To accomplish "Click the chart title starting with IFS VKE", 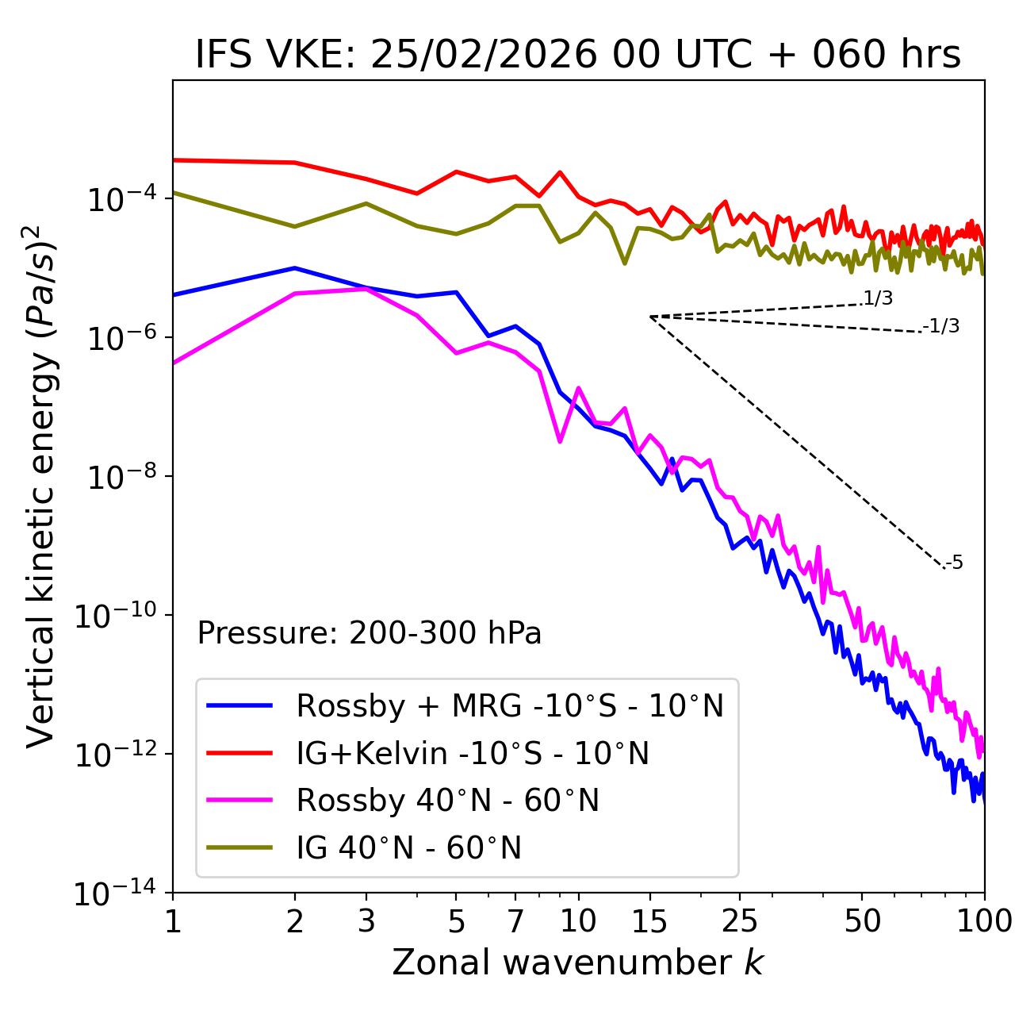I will click(x=578, y=55).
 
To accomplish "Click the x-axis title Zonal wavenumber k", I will click(x=578, y=962).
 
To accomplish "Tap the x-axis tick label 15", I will click(x=649, y=921).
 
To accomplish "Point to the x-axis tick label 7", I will click(x=515, y=921).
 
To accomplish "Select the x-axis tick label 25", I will click(x=740, y=921).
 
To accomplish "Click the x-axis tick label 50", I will click(x=862, y=921).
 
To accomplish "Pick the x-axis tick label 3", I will click(x=366, y=921).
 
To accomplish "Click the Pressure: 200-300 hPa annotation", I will click(x=370, y=633).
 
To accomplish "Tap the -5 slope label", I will click(x=954, y=563).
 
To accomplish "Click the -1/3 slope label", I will click(x=942, y=326).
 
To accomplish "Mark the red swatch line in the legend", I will click(x=239, y=753).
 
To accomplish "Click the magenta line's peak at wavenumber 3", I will click(x=366, y=289).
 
